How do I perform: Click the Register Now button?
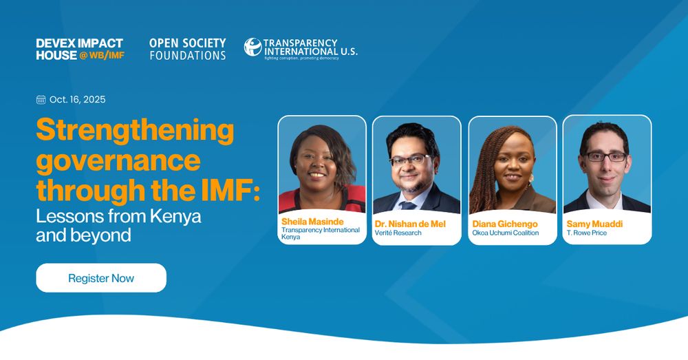101,278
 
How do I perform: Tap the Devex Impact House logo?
80,49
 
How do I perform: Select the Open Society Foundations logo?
187,49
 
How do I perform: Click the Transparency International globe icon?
252,47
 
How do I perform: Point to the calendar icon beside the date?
41,100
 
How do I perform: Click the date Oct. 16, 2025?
77,100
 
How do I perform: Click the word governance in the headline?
118,160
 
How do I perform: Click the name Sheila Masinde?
312,222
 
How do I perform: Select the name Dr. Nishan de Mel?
410,224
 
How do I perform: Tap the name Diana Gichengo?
504,224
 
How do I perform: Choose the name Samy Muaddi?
594,224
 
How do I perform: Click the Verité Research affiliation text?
398,233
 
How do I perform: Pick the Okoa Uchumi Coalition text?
506,233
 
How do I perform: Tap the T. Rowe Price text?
587,233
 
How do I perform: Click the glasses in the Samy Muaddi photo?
606,156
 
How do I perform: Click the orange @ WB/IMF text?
102,55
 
